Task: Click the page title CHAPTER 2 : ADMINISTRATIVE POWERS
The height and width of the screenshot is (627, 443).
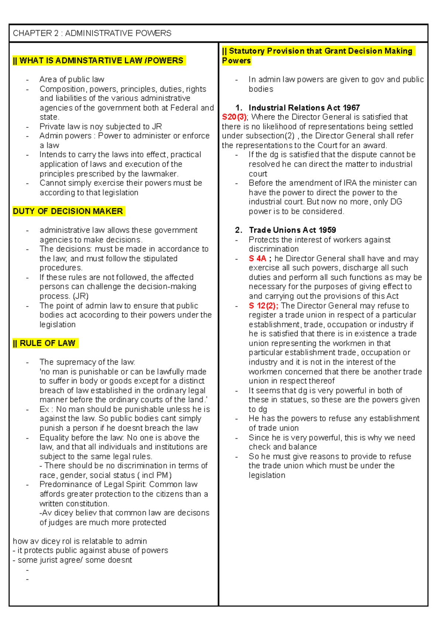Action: [92, 33]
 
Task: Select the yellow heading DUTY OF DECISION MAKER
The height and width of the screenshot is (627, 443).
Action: [68, 211]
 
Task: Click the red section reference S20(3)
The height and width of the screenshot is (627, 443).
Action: [235, 117]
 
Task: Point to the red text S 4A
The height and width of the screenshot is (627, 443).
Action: [257, 258]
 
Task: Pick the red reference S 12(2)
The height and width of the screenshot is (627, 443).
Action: [263, 306]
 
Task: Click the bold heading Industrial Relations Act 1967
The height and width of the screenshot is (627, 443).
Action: [304, 108]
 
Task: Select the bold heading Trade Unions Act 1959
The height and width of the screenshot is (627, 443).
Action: [292, 230]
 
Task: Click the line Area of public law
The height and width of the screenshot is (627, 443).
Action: [72, 79]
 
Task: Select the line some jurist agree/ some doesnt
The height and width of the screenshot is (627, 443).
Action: [72, 560]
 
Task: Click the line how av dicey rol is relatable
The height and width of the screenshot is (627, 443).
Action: [80, 541]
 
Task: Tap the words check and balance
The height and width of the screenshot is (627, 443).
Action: [282, 447]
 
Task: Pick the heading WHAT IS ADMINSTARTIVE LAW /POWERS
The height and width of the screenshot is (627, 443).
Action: [98, 61]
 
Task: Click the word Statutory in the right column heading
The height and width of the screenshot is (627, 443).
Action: [246, 51]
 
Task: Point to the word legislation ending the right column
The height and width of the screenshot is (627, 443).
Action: [267, 475]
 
